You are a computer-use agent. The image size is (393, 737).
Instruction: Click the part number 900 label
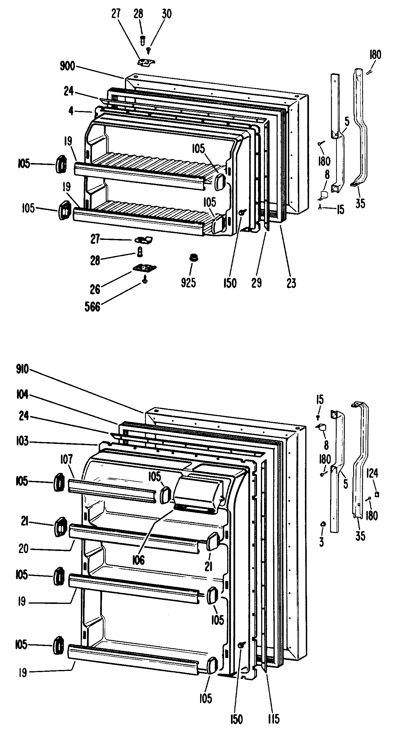(67, 66)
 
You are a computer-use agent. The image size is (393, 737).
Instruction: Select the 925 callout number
(188, 282)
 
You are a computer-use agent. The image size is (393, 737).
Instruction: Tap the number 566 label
(92, 307)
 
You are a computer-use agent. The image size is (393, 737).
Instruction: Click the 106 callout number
(138, 560)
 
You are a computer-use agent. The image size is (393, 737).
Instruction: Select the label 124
(372, 473)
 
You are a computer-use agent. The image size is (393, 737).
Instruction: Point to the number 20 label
(23, 549)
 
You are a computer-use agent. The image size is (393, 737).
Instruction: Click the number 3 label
(321, 542)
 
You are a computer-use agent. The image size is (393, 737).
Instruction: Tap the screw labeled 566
(145, 281)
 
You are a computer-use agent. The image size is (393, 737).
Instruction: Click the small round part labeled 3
(323, 524)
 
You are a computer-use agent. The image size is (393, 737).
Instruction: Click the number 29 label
(256, 282)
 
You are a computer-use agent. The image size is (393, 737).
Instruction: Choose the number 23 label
(291, 282)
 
